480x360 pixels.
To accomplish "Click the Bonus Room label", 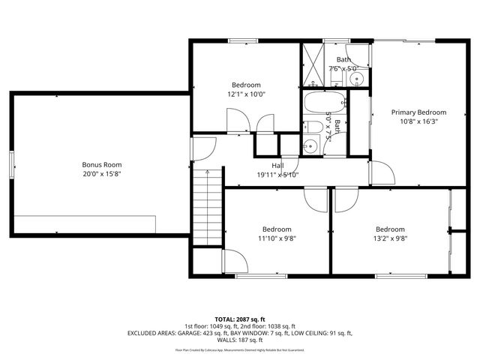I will [x=102, y=164].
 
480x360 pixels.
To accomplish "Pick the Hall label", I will [x=277, y=166].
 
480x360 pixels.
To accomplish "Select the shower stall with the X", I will [x=311, y=62].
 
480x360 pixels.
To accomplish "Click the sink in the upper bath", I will [x=358, y=76].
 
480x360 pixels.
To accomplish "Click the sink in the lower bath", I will [x=309, y=145].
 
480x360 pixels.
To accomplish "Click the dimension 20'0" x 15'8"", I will [x=102, y=174].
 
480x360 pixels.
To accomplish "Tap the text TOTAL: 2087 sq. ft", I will [x=240, y=319].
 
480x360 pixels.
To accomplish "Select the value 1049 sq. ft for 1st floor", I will [x=218, y=325].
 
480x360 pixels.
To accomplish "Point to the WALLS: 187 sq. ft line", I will [x=240, y=340].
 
